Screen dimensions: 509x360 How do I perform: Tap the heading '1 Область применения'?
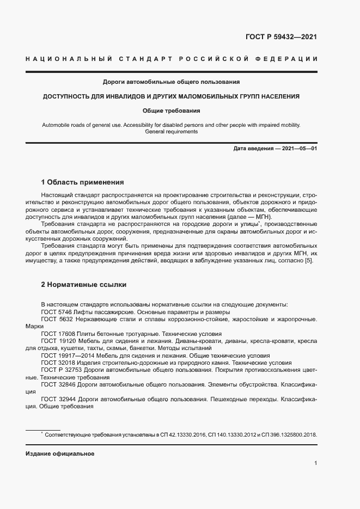click(83, 182)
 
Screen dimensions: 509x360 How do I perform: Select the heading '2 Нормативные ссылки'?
click(82, 284)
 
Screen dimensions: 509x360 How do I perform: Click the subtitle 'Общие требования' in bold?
click(172, 111)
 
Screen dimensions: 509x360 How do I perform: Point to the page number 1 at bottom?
click(316, 463)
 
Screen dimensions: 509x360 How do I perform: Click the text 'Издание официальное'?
click(60, 453)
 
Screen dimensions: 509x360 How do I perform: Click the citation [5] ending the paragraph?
click(308, 261)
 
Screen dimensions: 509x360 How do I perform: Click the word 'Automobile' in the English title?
click(56, 125)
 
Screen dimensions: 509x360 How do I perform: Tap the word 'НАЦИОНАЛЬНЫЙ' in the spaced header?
click(69, 58)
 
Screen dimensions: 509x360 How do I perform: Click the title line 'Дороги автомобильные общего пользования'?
click(172, 82)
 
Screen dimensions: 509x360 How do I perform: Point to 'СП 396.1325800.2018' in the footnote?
click(288, 435)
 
